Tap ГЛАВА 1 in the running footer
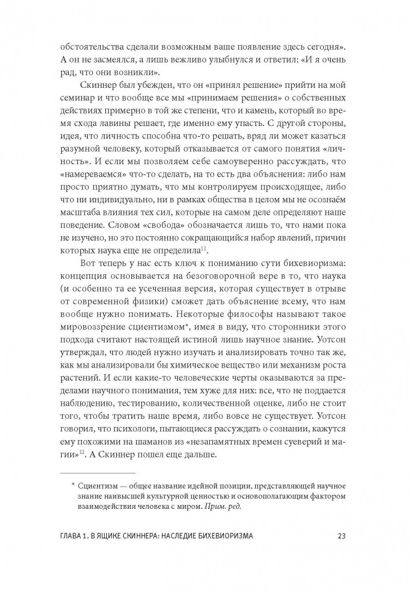click(x=84, y=535)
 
